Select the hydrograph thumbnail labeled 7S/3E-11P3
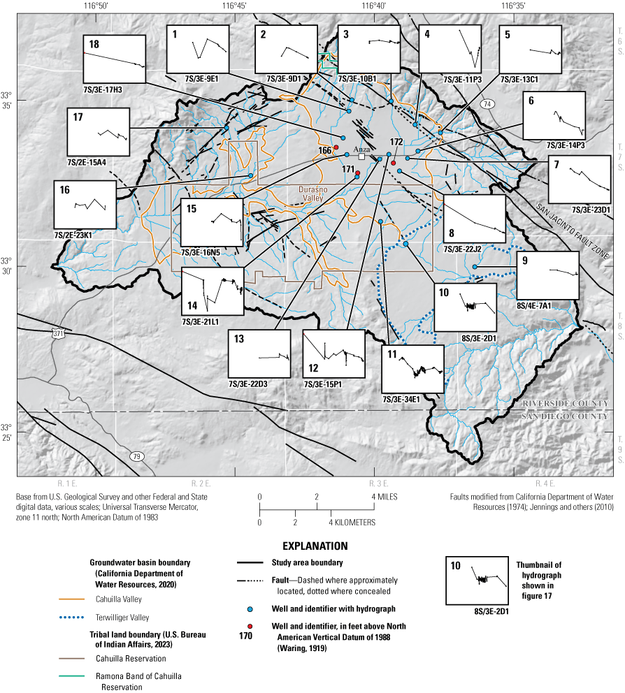[450, 48]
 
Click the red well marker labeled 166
[336, 147]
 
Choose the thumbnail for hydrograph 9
[548, 275]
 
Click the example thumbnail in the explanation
[477, 581]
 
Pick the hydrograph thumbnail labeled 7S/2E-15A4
[98, 132]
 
